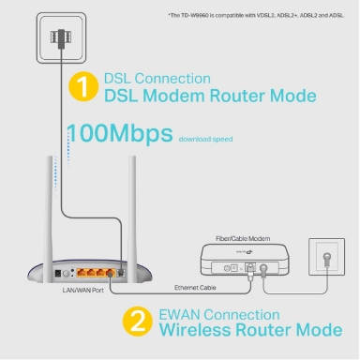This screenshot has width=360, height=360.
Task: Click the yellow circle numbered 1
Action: coord(83,87)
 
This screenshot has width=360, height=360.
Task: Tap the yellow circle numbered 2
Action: coord(137,322)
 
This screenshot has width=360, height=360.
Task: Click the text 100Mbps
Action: coord(119,134)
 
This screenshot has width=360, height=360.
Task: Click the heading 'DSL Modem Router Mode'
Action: coord(209,96)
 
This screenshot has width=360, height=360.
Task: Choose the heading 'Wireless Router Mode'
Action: coord(247,331)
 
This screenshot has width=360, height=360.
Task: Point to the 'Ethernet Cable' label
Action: coord(195,286)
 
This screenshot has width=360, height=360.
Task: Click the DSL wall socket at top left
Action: coord(60,38)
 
